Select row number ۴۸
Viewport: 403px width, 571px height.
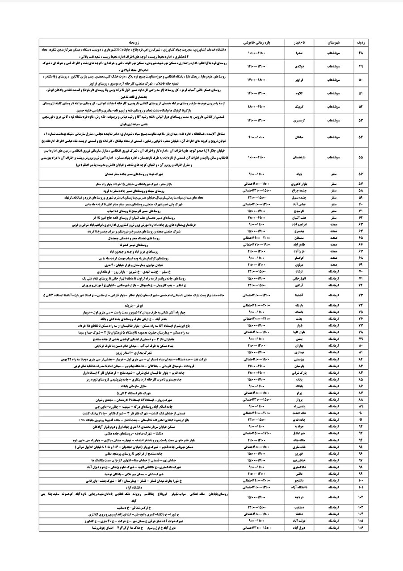(361, 53)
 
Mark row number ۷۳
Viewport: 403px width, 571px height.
(361, 295)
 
